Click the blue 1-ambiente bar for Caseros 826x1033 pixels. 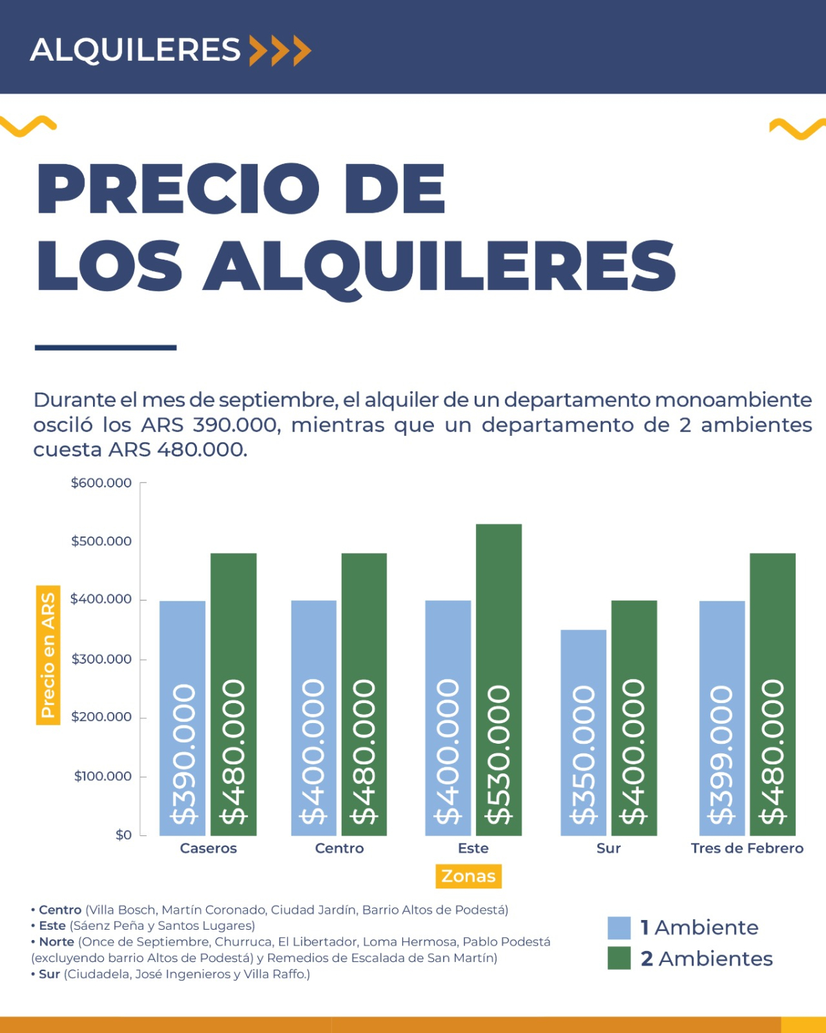click(x=183, y=716)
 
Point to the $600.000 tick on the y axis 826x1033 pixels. click(x=101, y=483)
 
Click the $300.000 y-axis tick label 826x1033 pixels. click(x=101, y=659)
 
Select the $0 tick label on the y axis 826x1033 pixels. click(x=123, y=835)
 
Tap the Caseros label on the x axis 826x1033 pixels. click(x=208, y=848)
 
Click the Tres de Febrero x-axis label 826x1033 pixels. click(x=747, y=848)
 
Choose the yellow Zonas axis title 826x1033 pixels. click(x=468, y=876)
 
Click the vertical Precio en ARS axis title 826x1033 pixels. click(x=48, y=655)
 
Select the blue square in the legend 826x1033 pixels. click(x=619, y=928)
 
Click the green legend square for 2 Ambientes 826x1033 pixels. click(x=619, y=958)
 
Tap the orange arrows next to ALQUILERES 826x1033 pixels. click(x=280, y=50)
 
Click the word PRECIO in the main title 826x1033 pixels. click(x=178, y=189)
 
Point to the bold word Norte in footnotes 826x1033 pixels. click(x=56, y=941)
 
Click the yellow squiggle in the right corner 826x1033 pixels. click(x=796, y=128)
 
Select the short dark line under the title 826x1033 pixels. click(x=105, y=348)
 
